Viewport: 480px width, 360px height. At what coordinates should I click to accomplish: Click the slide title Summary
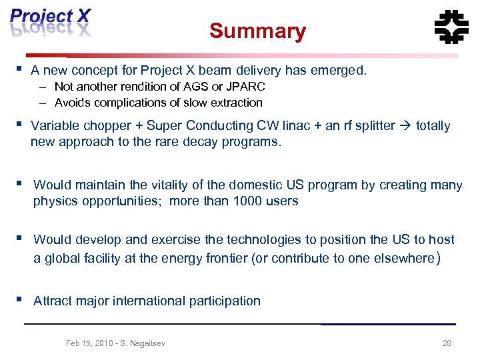point(257,31)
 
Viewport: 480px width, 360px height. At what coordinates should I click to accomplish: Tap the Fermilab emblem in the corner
point(451,27)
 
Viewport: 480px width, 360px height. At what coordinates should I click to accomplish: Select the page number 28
point(447,343)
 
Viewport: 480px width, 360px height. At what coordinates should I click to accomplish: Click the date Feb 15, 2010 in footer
point(89,343)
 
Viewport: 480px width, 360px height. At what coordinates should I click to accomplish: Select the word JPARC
point(246,87)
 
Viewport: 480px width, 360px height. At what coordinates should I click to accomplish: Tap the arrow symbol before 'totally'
point(405,125)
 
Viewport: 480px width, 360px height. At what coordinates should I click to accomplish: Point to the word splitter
point(370,125)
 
